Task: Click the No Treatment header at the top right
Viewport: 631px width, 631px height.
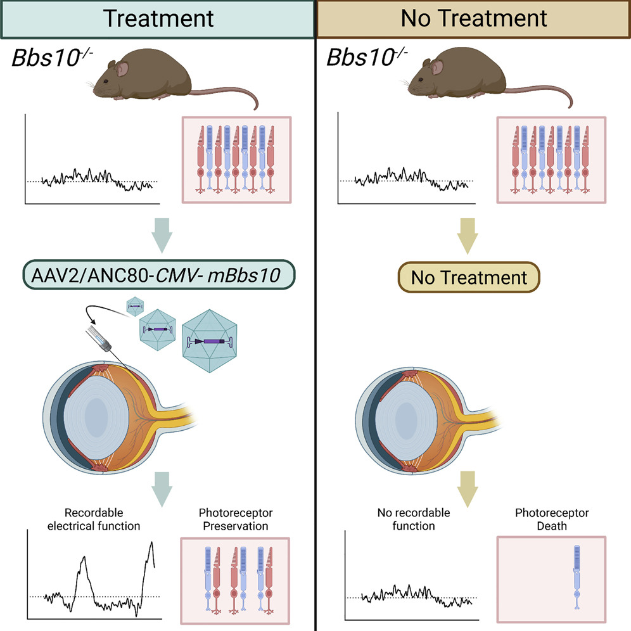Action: [473, 18]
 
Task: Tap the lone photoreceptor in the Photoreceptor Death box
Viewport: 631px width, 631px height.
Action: [577, 577]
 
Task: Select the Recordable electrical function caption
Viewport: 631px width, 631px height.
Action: [94, 518]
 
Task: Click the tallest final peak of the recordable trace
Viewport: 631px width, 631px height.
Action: [151, 544]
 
